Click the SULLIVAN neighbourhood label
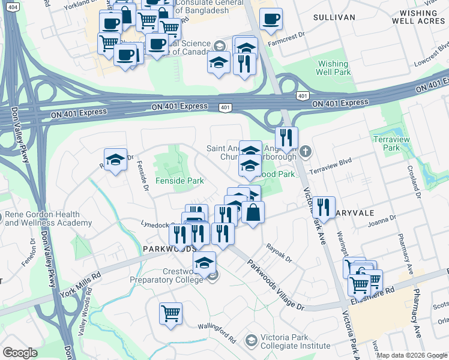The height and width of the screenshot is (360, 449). pyautogui.click(x=334, y=17)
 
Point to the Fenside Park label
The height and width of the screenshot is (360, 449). pyautogui.click(x=179, y=181)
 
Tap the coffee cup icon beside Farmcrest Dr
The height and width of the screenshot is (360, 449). pyautogui.click(x=271, y=20)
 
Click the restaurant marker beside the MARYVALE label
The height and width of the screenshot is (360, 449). pyautogui.click(x=323, y=208)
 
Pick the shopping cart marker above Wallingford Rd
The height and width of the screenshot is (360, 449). pyautogui.click(x=171, y=313)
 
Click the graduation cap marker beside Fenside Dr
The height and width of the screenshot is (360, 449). pyautogui.click(x=115, y=160)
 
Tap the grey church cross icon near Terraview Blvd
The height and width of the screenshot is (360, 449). pyautogui.click(x=306, y=151)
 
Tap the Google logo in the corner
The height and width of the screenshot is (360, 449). pyautogui.click(x=20, y=352)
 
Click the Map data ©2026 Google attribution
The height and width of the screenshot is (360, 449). pyautogui.click(x=412, y=355)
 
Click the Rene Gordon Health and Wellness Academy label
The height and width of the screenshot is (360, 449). pyautogui.click(x=48, y=219)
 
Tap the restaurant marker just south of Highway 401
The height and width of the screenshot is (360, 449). pyautogui.click(x=287, y=137)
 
